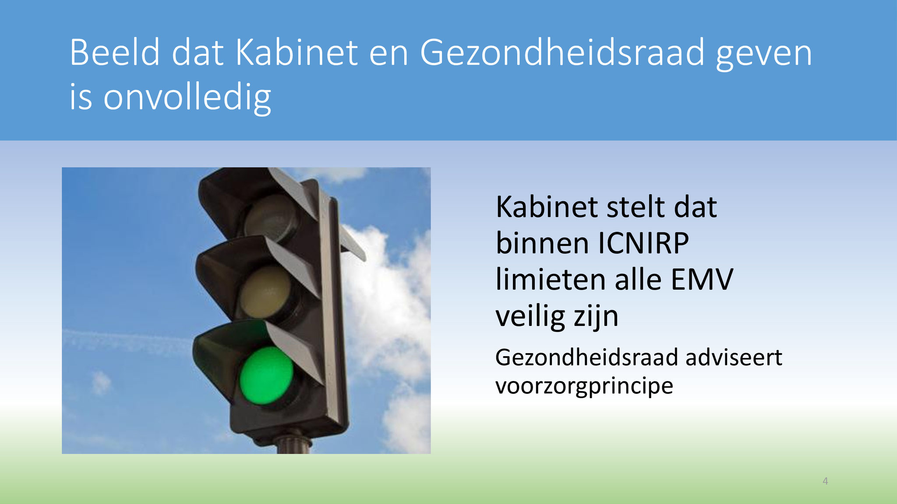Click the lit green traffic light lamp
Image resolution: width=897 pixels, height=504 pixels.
267,375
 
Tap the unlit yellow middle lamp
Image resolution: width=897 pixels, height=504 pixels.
266,292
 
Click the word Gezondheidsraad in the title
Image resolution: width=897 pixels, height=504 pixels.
562,53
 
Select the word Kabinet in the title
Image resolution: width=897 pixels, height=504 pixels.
297,52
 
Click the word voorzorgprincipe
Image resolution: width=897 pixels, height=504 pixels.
584,386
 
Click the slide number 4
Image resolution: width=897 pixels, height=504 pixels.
825,481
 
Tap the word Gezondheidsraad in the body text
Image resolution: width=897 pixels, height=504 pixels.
586,357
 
